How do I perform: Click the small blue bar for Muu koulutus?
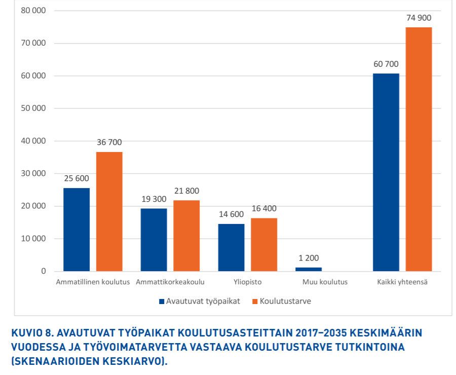(x=309, y=269)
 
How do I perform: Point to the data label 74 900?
(x=419, y=18)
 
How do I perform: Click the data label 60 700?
(x=386, y=64)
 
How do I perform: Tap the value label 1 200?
(x=309, y=258)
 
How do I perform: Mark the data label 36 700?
(x=109, y=142)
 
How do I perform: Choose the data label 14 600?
(x=231, y=214)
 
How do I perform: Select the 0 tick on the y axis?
(x=44, y=271)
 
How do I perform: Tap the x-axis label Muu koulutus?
(x=325, y=282)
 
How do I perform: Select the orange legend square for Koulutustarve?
(x=255, y=301)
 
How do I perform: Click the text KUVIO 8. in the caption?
(x=32, y=333)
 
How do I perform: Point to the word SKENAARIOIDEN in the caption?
(x=56, y=362)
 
